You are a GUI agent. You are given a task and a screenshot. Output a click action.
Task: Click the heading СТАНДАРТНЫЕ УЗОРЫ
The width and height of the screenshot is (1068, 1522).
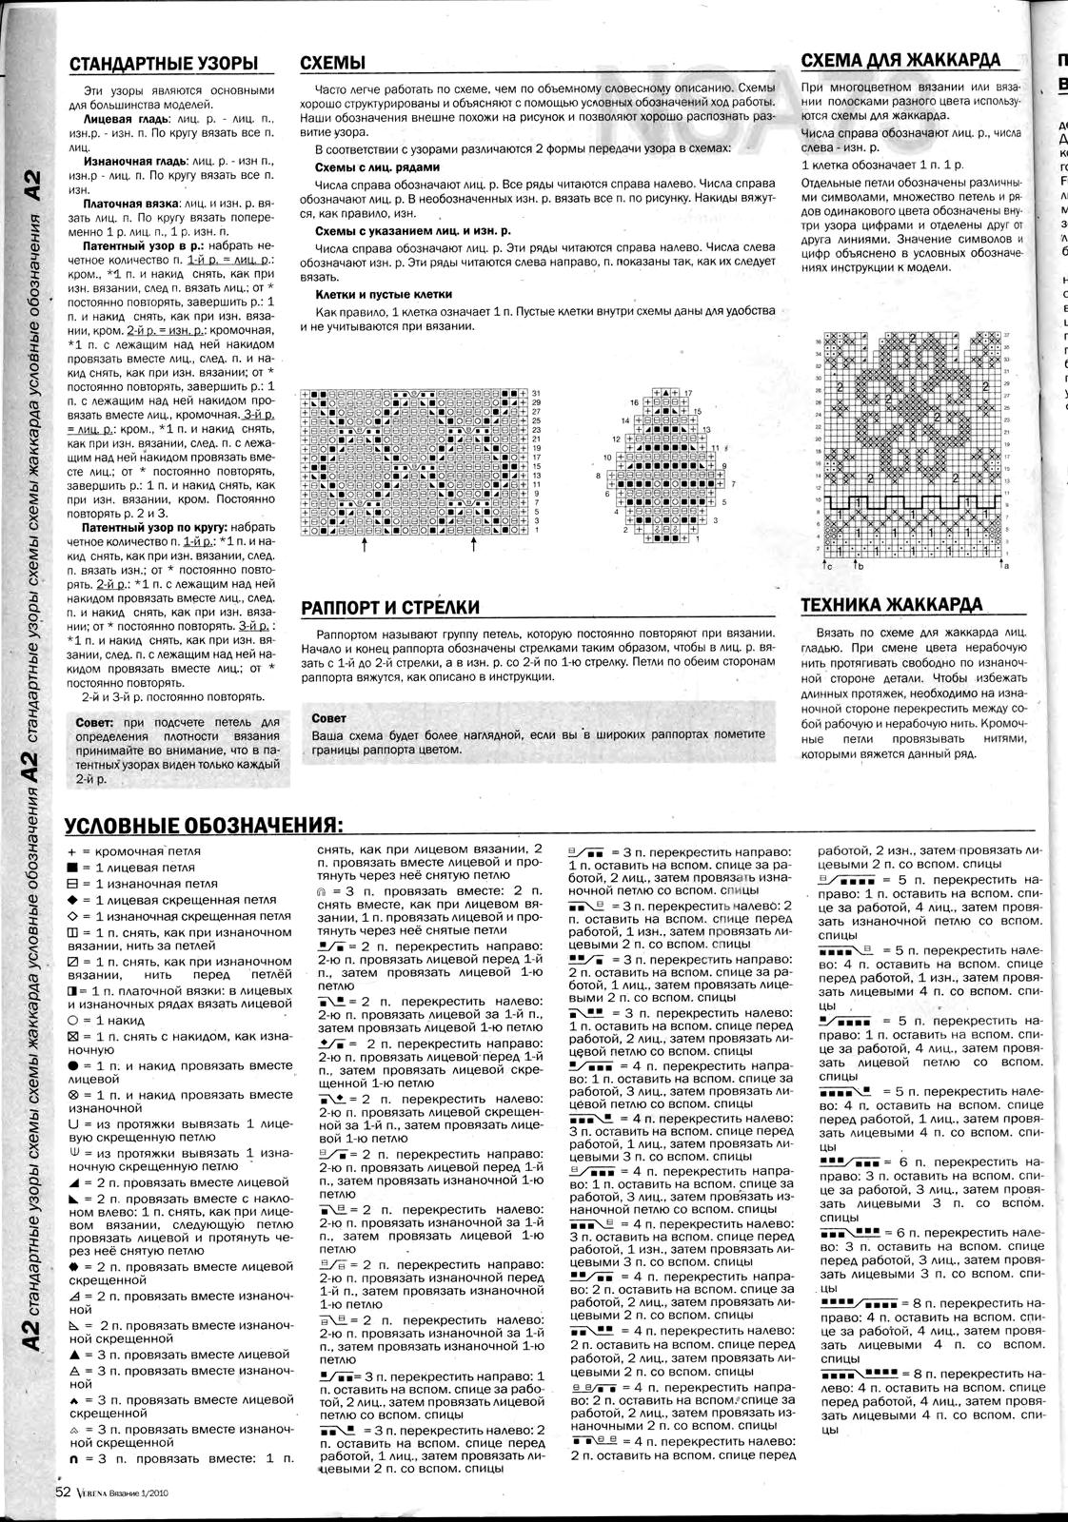pos(164,64)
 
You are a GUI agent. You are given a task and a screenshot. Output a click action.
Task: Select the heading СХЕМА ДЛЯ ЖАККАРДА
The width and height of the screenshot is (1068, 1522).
pos(900,61)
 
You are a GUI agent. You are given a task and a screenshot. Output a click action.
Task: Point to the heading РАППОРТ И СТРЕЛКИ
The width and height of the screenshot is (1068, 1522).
pos(389,608)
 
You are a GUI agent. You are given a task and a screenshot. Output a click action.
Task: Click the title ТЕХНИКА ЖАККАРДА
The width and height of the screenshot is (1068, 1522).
pos(892,606)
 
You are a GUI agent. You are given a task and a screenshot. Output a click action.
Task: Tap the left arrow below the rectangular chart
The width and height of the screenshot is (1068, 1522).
pos(364,546)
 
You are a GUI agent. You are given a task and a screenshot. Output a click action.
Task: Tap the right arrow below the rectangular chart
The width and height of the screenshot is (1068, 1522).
pos(473,546)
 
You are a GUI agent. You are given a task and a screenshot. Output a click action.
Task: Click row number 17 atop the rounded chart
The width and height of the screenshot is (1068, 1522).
pos(687,393)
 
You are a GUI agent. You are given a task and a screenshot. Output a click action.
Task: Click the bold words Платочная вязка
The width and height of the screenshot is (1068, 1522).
pos(123,204)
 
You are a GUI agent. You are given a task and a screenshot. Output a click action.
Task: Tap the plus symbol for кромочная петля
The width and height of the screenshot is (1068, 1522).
pos(72,852)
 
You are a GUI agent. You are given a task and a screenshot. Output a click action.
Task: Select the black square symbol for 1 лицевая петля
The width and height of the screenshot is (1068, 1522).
pos(72,868)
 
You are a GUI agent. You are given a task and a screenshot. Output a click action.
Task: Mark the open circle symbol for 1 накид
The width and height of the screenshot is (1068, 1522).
pos(72,1020)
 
